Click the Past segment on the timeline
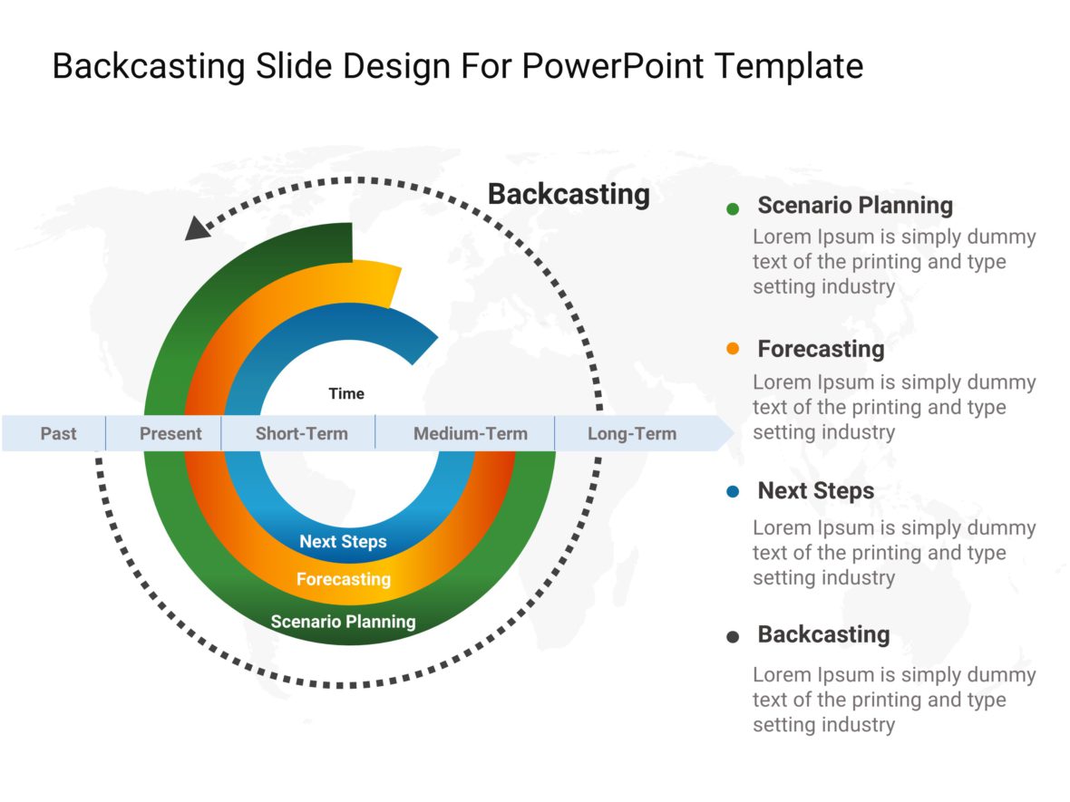coord(58,433)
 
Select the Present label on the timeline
coord(170,433)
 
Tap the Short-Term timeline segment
coord(301,433)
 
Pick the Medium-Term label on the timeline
coord(470,433)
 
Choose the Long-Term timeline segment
coord(631,433)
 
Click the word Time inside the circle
coord(346,393)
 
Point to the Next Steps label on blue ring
coord(343,542)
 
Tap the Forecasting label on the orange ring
coord(343,578)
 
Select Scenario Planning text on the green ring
coord(343,622)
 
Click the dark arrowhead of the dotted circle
coord(196,229)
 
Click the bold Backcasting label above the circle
coord(569,194)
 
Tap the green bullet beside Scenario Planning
coord(733,208)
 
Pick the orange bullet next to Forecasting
coord(733,349)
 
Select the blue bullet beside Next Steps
coord(733,492)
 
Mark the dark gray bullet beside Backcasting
coord(733,637)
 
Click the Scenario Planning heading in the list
coord(855,206)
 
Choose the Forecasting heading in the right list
coord(821,349)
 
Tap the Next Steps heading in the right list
coord(816,491)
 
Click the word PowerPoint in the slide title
coord(614,67)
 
